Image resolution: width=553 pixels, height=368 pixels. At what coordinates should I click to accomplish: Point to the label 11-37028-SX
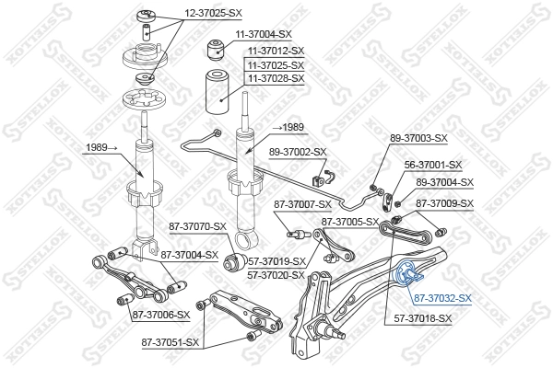tap(274, 79)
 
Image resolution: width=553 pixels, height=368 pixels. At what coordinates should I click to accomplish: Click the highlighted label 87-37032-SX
tap(442, 299)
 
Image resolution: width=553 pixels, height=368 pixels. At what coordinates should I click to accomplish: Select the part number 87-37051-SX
tap(171, 342)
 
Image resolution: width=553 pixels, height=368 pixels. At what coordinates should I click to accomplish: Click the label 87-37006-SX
tap(159, 315)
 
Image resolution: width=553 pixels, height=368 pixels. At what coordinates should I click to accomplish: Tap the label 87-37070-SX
tap(197, 225)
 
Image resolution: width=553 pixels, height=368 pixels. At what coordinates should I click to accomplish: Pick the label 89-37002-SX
tap(298, 152)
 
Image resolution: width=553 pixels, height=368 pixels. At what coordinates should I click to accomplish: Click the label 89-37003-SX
tap(418, 138)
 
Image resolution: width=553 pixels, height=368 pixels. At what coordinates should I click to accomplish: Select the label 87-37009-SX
tap(444, 203)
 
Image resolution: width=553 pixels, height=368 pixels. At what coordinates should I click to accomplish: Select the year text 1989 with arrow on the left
tap(100, 147)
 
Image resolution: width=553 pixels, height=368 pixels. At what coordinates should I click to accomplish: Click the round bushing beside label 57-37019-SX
tap(234, 264)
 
